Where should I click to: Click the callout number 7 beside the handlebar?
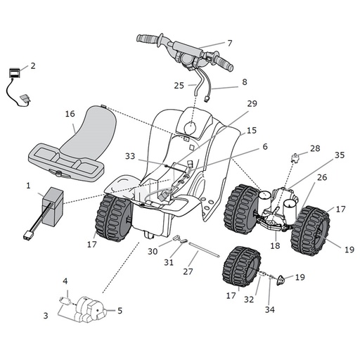[230, 44]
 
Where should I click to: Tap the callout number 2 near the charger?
[33, 66]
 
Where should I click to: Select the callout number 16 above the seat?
[70, 114]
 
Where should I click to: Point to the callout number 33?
[130, 156]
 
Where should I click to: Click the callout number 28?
[315, 148]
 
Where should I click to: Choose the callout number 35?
[340, 155]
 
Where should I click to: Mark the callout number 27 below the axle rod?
[188, 271]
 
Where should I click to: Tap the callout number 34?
[270, 309]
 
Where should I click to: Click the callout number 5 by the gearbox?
[120, 311]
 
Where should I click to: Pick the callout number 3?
[46, 316]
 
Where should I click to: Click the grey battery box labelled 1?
[53, 205]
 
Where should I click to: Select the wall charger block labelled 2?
[14, 73]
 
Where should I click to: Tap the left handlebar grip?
[148, 39]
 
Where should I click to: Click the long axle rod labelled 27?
[204, 250]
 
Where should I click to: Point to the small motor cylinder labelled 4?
[65, 301]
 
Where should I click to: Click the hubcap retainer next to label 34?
[281, 280]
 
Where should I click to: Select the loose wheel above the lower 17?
[242, 266]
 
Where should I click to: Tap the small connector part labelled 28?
[295, 157]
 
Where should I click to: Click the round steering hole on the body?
[191, 127]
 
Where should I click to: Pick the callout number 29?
[252, 103]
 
